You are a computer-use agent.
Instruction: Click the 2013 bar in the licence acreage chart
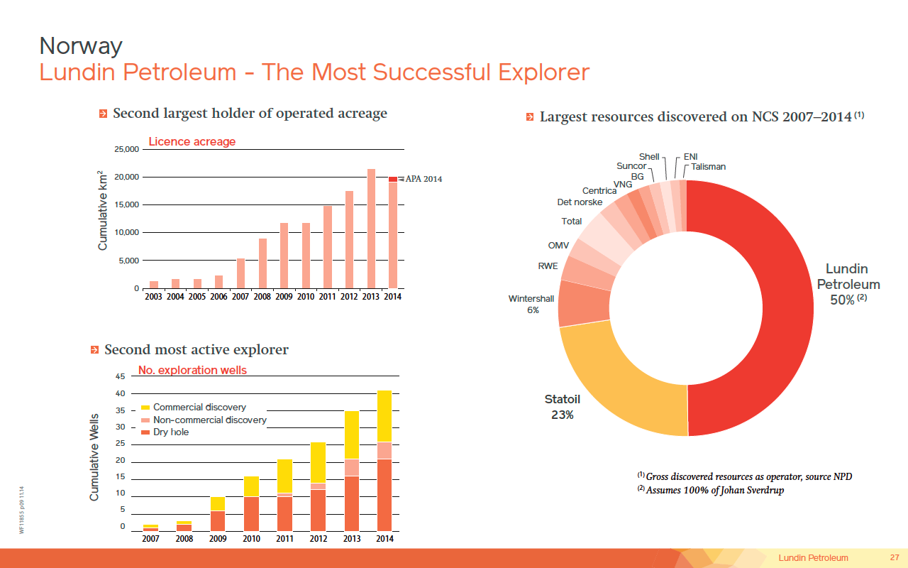[370, 229]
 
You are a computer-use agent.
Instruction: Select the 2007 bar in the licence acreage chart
[240, 273]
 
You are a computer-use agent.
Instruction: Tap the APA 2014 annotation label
[423, 179]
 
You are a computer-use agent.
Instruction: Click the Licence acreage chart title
[192, 142]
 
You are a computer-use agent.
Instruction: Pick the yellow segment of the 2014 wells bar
[384, 416]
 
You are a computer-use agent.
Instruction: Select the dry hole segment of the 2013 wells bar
[352, 503]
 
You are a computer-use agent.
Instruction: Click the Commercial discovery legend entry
[199, 408]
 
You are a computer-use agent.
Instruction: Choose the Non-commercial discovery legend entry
[209, 420]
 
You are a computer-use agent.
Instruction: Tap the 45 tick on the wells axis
[120, 376]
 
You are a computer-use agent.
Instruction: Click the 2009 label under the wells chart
[218, 539]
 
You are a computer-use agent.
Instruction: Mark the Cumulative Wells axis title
[94, 457]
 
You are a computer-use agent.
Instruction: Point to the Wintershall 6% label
[531, 305]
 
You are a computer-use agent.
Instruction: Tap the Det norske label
[580, 202]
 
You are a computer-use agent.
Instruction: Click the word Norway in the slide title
[81, 46]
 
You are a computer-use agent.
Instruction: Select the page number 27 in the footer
[895, 557]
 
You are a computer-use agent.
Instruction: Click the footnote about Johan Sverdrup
[711, 490]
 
